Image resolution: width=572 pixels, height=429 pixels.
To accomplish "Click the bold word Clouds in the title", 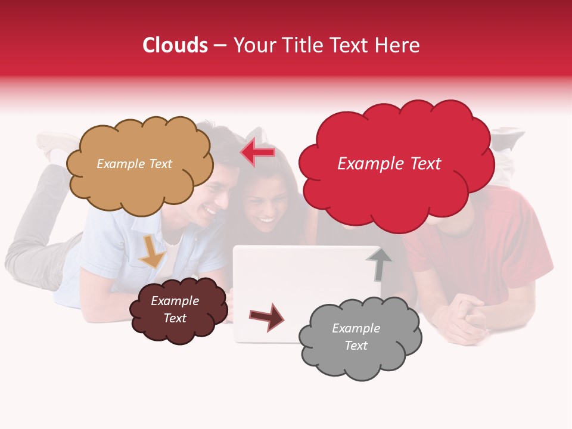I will click(175, 45).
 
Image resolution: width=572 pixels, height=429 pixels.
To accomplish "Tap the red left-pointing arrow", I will click(257, 153).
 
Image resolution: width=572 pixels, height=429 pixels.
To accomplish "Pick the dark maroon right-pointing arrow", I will click(266, 317).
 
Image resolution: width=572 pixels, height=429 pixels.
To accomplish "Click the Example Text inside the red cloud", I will click(389, 164).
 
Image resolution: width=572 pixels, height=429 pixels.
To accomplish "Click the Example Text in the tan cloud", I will click(134, 164).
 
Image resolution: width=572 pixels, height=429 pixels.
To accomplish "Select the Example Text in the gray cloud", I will click(356, 337).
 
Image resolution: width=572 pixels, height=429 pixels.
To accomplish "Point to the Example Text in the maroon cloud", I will click(175, 309).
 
